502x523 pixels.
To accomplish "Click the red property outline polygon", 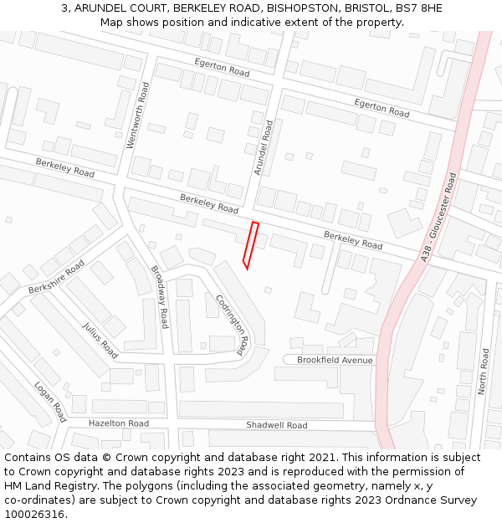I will [x=250, y=244].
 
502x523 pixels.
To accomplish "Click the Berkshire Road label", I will [x=56, y=277].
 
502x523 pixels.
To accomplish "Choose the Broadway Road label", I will [x=160, y=296].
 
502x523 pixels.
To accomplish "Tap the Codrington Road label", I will [x=233, y=322].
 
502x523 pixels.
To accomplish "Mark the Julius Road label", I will [x=100, y=341].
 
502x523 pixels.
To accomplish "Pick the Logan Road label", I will [x=50, y=402].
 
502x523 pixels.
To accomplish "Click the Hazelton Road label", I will [x=119, y=423].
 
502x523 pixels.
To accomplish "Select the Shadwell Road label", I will [x=277, y=425].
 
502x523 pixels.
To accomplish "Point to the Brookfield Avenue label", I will [x=336, y=360].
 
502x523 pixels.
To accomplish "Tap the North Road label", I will [x=483, y=372].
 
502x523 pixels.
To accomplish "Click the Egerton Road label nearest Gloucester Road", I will [x=382, y=107].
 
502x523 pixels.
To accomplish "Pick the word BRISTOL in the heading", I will [x=366, y=8].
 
